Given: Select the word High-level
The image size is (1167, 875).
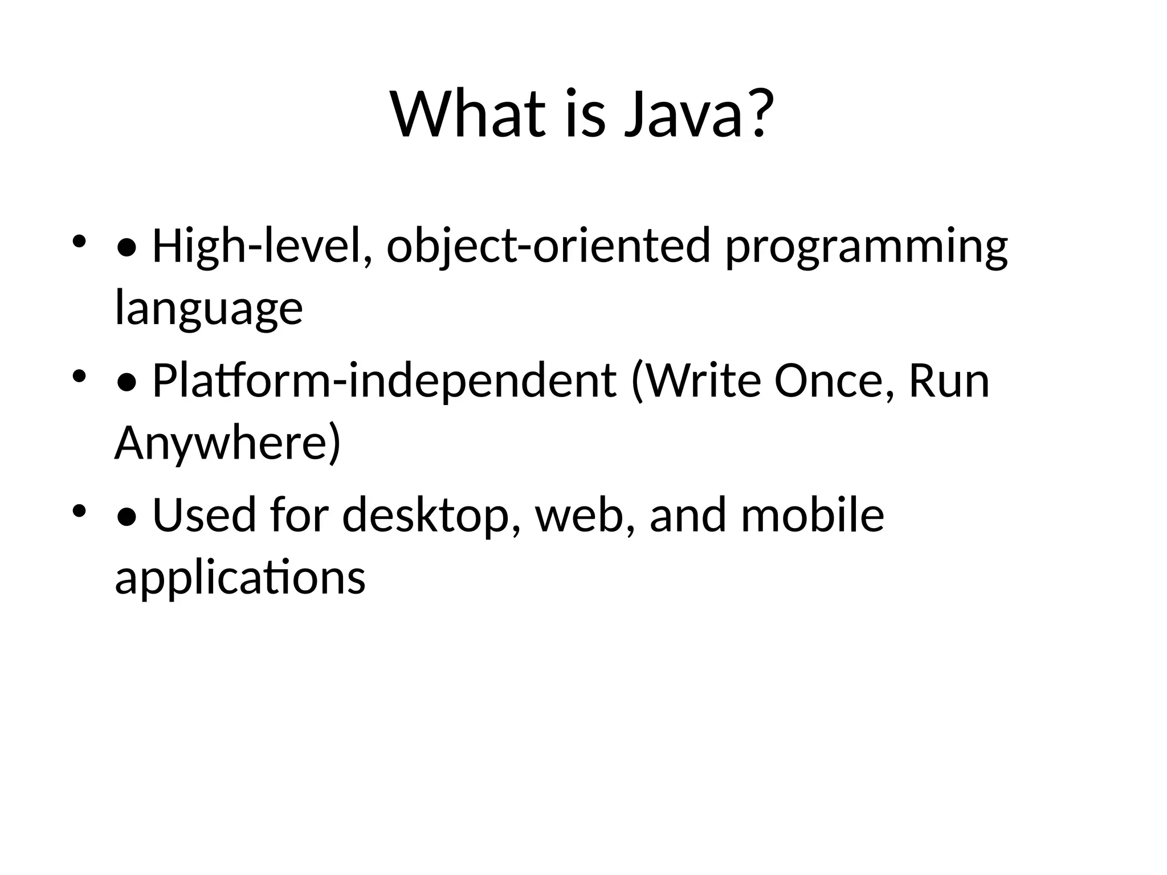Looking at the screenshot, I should pyautogui.click(x=263, y=246).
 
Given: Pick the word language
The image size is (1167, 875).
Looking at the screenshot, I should pyautogui.click(x=209, y=310).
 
